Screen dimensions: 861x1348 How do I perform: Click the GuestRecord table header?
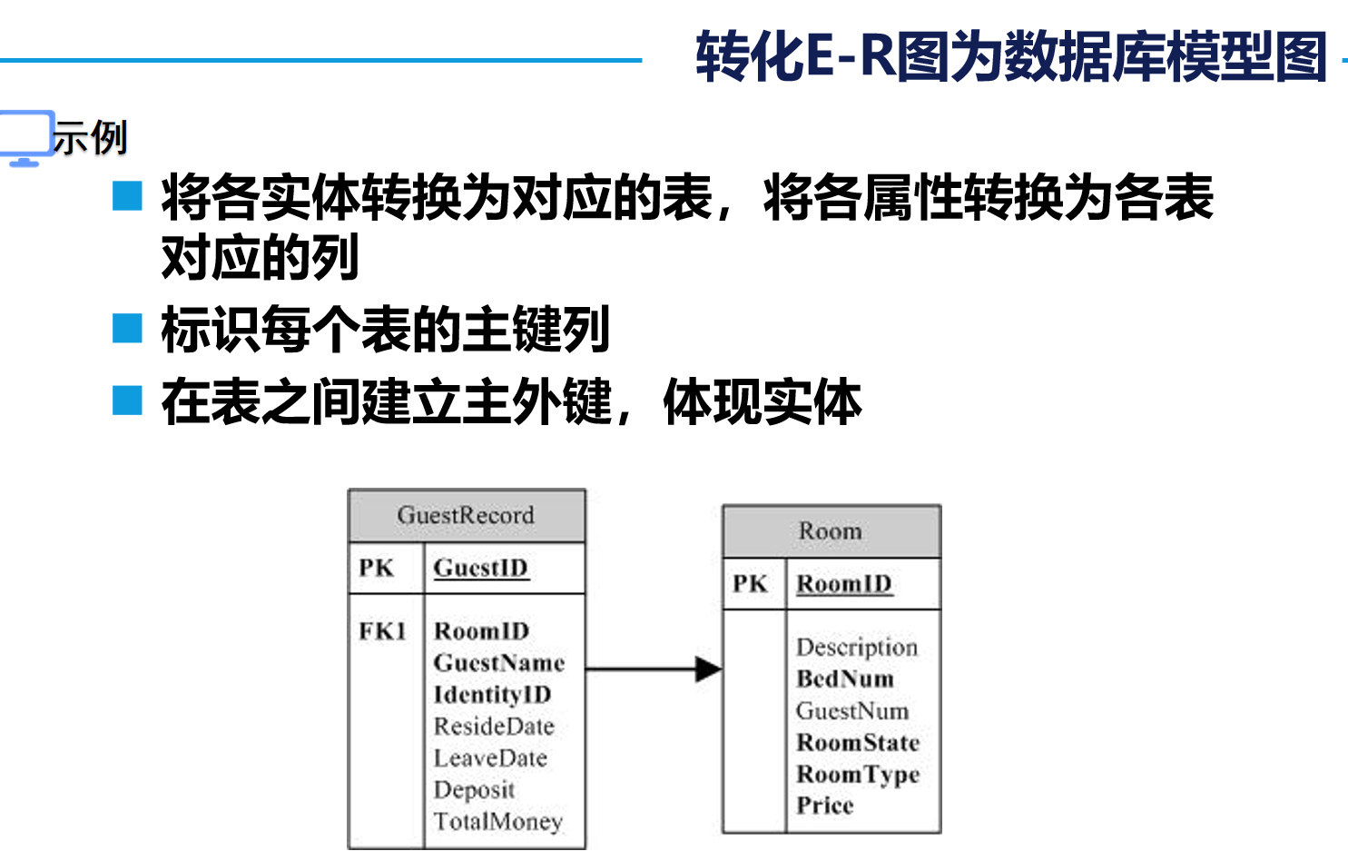(x=466, y=516)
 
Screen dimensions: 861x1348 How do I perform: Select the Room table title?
(x=831, y=531)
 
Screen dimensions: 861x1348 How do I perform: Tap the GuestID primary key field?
(x=480, y=569)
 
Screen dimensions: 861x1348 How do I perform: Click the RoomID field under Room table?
(x=844, y=584)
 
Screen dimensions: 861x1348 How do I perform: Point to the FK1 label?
(x=382, y=631)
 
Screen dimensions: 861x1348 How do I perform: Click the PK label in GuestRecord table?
(x=376, y=569)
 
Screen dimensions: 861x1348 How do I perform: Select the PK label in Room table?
(x=750, y=584)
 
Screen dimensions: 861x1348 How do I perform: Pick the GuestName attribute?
(x=498, y=663)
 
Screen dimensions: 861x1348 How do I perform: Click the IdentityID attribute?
(x=492, y=695)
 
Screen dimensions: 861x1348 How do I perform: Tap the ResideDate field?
(x=494, y=727)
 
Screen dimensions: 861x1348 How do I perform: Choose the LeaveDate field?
(x=490, y=758)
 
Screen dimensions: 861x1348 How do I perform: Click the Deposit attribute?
(x=474, y=790)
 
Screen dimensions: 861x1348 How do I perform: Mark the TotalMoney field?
(x=497, y=822)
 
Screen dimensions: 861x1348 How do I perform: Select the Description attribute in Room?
(x=857, y=648)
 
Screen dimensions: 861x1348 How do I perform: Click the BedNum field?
(x=845, y=679)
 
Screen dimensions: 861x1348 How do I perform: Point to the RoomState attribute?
(x=858, y=743)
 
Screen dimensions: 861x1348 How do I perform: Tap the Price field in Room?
(x=825, y=806)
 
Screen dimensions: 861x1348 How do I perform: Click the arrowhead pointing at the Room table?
(x=708, y=669)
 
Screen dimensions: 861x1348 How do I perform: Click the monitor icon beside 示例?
(x=25, y=137)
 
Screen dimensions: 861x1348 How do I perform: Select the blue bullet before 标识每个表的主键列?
(x=127, y=328)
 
